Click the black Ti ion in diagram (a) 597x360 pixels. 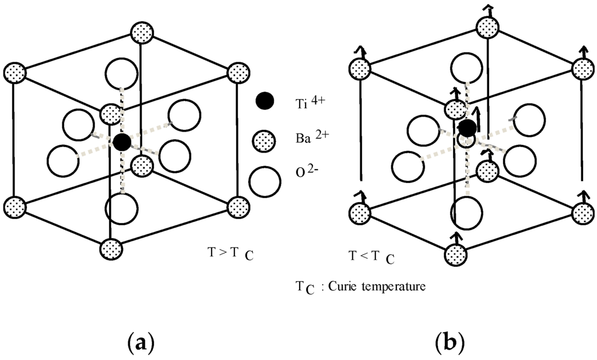[x=121, y=142]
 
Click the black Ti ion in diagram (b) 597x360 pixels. [x=467, y=128]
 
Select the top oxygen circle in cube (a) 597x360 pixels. [x=121, y=74]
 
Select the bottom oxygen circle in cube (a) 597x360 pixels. [x=121, y=208]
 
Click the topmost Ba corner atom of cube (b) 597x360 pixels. [x=487, y=27]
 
